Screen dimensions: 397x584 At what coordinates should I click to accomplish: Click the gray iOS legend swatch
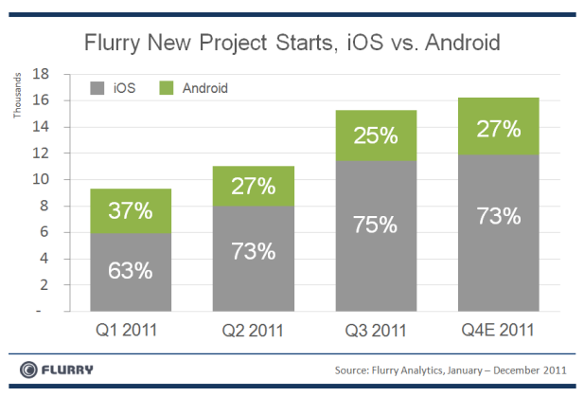(96, 88)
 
